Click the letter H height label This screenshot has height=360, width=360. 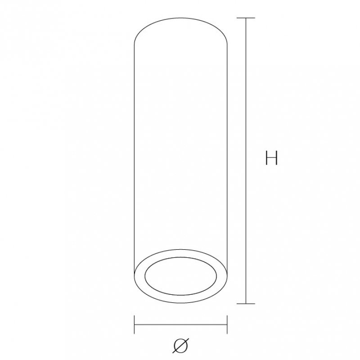[x=271, y=158]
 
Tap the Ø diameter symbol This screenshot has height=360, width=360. [x=180, y=345]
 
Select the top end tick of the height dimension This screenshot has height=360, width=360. [x=246, y=18]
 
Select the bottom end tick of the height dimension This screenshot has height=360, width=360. [x=246, y=304]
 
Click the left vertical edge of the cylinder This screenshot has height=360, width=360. [x=135, y=157]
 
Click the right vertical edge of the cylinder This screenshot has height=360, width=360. [x=227, y=157]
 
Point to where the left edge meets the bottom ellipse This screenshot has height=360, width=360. [x=135, y=274]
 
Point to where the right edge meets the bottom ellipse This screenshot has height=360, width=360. [x=227, y=274]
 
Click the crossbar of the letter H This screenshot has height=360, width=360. [x=271, y=158]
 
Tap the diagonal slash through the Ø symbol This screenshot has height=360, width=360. [x=180, y=345]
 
